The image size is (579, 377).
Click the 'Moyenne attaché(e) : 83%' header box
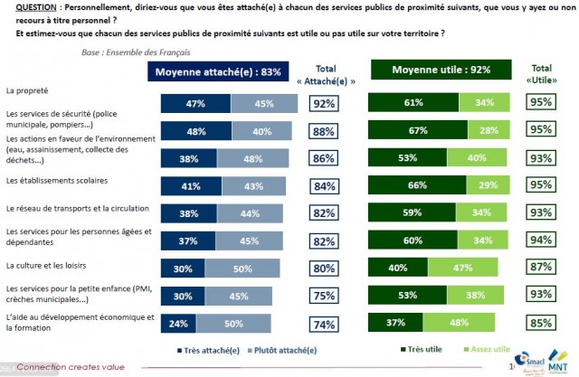pos(221,71)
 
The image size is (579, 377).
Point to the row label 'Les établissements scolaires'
pos(54,181)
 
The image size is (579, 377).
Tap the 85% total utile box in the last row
pos(542,323)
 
